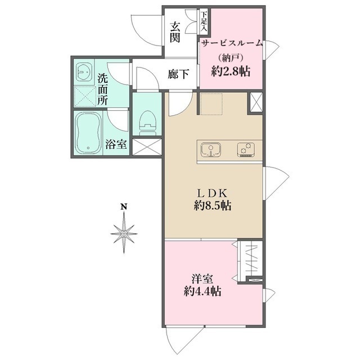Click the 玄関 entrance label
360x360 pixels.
(x=175, y=33)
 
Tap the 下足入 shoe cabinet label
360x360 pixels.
(x=204, y=21)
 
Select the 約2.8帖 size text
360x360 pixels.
(x=231, y=71)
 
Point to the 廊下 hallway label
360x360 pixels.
(x=178, y=74)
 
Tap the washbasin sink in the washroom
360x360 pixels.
(x=84, y=71)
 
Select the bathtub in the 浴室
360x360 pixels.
(x=88, y=133)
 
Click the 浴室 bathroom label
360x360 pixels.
(x=116, y=144)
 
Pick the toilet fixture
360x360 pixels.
(x=147, y=123)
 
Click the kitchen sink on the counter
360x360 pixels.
(x=211, y=150)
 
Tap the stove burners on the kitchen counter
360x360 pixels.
(x=246, y=150)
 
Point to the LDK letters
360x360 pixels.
(x=213, y=193)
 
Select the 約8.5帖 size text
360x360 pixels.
(x=213, y=205)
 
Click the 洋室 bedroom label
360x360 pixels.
(x=202, y=280)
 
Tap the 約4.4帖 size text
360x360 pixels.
(x=202, y=291)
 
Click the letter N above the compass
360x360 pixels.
(x=124, y=207)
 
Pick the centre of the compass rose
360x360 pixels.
(x=124, y=234)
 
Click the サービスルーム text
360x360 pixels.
(x=232, y=43)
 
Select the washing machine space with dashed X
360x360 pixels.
(x=85, y=96)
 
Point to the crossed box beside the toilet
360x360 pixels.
(x=147, y=147)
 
